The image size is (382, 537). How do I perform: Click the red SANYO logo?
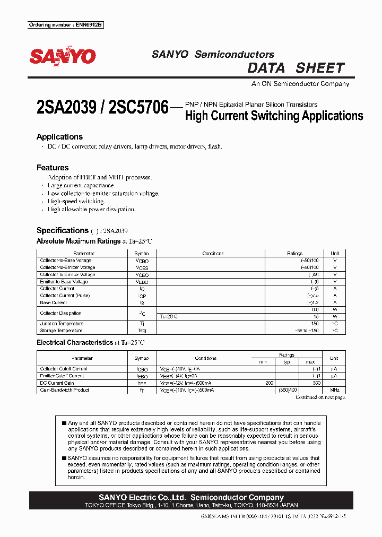62,57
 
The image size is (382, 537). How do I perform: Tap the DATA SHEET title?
296,68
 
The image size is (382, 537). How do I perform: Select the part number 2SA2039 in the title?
67,108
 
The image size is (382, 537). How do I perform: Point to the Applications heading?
59,137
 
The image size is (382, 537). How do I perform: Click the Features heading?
53,168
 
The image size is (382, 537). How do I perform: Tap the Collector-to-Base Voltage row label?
65,261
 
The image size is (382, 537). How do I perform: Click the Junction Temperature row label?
62,324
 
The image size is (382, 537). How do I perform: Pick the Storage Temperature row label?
61,331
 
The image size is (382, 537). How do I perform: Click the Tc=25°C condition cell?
169,317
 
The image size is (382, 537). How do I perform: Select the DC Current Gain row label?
57,383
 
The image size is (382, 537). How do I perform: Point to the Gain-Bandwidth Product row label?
65,390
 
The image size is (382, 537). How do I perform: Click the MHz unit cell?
334,390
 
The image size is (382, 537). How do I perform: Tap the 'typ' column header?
286,362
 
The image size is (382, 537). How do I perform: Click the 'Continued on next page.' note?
320,397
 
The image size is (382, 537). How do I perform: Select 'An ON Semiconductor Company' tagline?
300,84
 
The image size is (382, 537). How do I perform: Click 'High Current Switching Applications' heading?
274,116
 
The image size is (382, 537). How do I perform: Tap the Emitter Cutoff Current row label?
62,376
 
